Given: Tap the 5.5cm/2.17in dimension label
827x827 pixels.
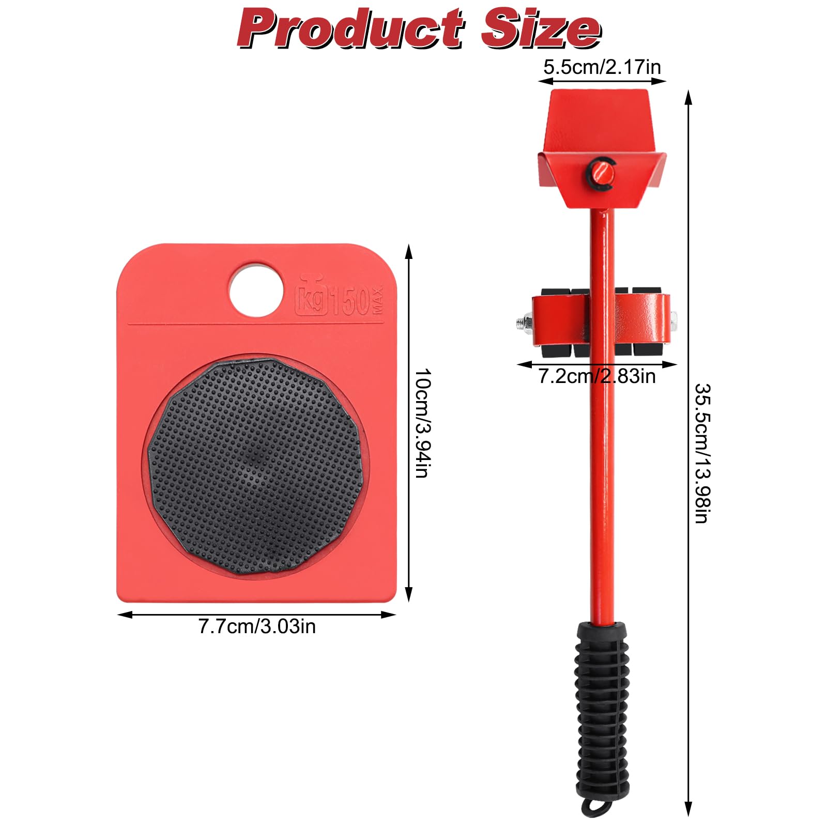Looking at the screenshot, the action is click(602, 67).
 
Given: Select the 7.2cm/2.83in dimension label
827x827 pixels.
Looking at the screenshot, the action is click(597, 376).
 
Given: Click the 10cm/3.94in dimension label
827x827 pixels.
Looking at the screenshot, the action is click(422, 423).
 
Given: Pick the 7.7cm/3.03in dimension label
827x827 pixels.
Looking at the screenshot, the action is click(257, 626).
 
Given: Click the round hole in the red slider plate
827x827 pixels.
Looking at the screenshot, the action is click(256, 289).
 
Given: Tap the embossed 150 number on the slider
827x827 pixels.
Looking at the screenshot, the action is click(350, 300).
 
